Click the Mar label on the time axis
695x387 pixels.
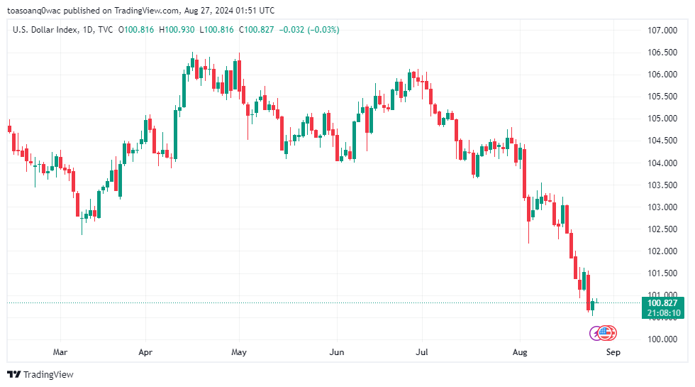(60, 351)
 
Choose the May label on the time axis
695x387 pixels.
(239, 351)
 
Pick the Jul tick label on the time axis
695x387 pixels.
(422, 351)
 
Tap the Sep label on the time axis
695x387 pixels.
(613, 351)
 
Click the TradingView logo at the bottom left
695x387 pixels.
(40, 374)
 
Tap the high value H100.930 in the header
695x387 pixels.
(178, 30)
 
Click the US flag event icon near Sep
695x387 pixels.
(605, 332)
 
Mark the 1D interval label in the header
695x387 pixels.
(88, 30)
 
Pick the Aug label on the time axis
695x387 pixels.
(521, 351)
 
